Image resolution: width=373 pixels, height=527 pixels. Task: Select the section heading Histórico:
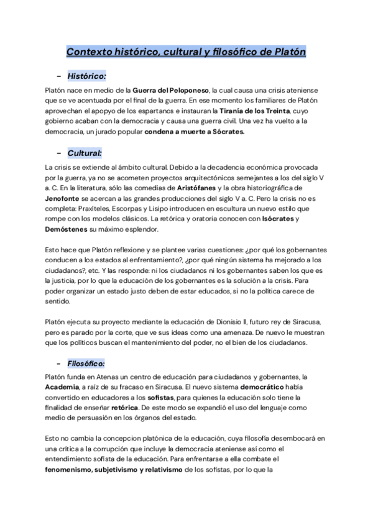click(88, 76)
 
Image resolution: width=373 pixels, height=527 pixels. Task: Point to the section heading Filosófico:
click(87, 363)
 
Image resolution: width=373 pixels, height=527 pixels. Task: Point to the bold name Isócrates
click(272, 219)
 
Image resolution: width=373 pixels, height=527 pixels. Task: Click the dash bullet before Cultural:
click(58, 152)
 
